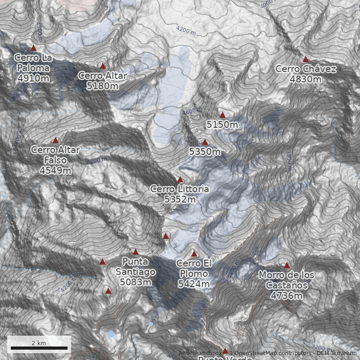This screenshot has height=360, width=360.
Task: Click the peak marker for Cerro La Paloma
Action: click(x=33, y=48)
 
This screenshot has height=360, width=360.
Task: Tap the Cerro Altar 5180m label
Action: click(x=102, y=81)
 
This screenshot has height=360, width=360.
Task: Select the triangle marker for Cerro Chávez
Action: click(x=306, y=59)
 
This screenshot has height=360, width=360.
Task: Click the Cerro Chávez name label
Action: click(x=306, y=69)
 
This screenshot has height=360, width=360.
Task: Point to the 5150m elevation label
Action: click(x=222, y=124)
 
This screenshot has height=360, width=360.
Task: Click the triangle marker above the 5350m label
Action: click(x=205, y=142)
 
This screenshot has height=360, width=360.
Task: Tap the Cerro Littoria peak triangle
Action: click(x=180, y=179)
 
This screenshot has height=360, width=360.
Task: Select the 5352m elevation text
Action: click(x=180, y=199)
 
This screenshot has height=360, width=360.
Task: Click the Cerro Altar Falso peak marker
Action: click(x=55, y=140)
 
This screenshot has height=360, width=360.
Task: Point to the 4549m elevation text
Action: click(x=55, y=170)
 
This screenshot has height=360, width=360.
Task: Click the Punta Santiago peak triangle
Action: click(x=135, y=252)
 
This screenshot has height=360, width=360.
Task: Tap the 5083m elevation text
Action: click(x=135, y=282)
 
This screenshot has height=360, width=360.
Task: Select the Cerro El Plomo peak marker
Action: click(x=194, y=253)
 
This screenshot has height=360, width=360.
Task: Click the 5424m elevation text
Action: click(x=194, y=284)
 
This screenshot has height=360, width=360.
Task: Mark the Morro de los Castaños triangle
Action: click(x=287, y=265)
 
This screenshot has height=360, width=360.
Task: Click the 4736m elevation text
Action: click(x=287, y=295)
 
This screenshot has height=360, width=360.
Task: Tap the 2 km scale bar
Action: click(x=39, y=348)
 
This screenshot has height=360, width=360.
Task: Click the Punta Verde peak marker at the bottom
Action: click(x=225, y=350)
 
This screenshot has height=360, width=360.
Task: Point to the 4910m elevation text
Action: click(x=33, y=78)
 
